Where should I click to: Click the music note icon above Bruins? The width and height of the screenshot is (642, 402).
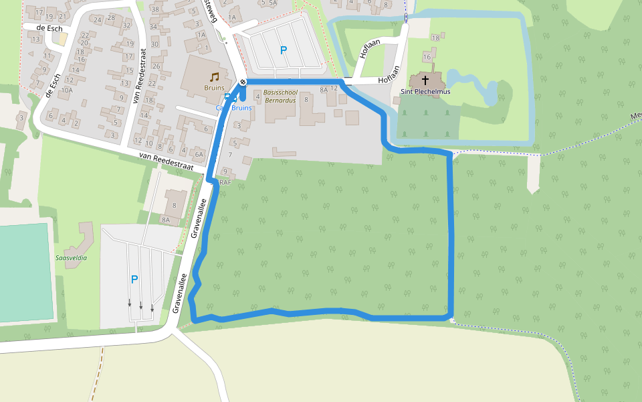click(214, 76)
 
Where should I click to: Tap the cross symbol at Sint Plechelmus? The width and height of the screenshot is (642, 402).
click(425, 80)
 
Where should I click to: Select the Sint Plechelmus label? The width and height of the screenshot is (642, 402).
click(425, 91)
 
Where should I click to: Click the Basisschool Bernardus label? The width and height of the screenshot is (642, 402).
click(280, 96)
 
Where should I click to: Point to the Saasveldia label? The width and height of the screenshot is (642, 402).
click(72, 257)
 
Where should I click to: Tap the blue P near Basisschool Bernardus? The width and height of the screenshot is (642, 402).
click(283, 50)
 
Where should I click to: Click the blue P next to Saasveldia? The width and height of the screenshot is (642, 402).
click(134, 279)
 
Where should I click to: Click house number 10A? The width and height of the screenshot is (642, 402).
click(66, 90)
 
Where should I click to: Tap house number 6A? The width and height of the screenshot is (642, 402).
click(198, 153)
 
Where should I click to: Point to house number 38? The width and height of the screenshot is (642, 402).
click(155, 9)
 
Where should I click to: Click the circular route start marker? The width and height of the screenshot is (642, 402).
click(243, 82)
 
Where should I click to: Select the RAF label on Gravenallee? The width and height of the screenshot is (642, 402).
click(225, 182)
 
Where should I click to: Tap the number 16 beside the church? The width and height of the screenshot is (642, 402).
click(427, 57)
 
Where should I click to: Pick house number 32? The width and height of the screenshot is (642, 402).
click(126, 25)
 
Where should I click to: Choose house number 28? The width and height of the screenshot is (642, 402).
click(110, 17)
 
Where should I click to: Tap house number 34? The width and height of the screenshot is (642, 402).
click(154, 27)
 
